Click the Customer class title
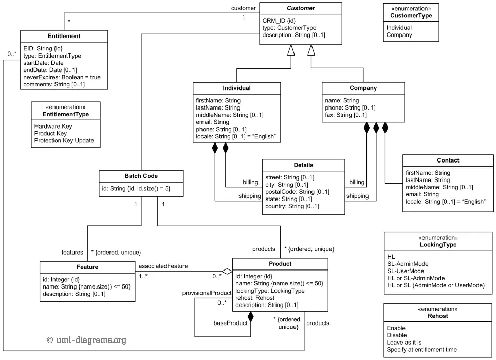click(x=301, y=8)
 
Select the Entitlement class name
click(x=64, y=36)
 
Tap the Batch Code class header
click(x=141, y=176)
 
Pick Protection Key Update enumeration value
click(x=64, y=141)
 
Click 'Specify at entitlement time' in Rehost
click(x=421, y=350)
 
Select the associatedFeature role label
click(x=162, y=266)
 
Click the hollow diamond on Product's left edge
click(x=227, y=272)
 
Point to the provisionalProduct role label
click(x=207, y=293)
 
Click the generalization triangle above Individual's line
click(x=291, y=50)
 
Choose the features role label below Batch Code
click(x=72, y=252)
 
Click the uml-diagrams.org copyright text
click(x=86, y=340)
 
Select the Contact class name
click(x=448, y=160)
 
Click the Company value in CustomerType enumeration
click(x=399, y=35)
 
